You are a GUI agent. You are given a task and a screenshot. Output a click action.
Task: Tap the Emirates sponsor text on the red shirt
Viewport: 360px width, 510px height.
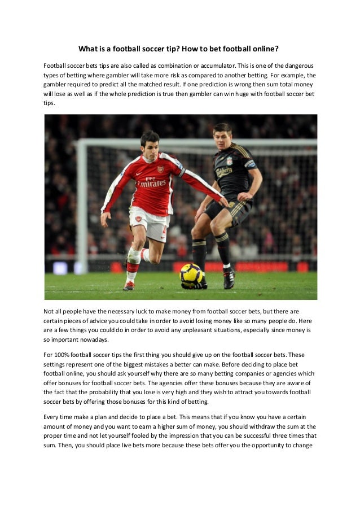tap(151, 183)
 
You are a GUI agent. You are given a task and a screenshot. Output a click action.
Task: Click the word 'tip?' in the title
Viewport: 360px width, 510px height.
tap(163, 49)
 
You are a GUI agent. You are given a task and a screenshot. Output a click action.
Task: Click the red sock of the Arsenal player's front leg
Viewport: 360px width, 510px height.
tap(133, 264)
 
